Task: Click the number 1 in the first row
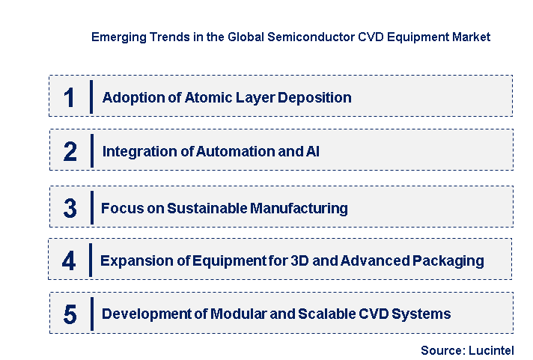[70, 97]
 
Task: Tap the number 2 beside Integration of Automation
[70, 152]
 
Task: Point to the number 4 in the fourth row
[69, 261]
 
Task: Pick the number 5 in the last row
[70, 314]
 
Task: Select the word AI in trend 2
[313, 151]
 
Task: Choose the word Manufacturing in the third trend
[299, 208]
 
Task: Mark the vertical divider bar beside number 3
[91, 207]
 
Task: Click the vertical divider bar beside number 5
[91, 314]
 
